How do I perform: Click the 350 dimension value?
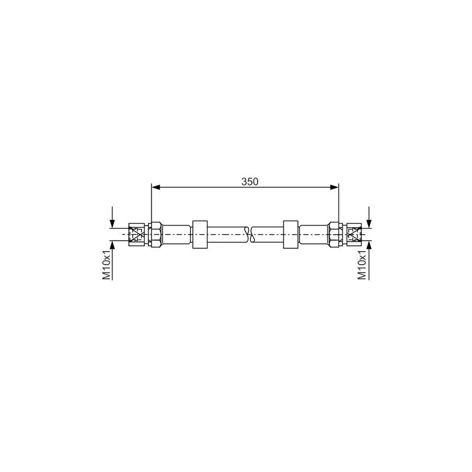pyautogui.click(x=250, y=181)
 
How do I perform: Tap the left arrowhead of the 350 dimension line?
pyautogui.click(x=155, y=186)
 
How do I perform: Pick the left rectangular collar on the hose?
pyautogui.click(x=200, y=234)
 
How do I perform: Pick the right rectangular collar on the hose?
pyautogui.click(x=290, y=234)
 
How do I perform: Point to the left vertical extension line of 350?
pyautogui.click(x=151, y=205)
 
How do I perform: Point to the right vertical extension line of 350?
pyautogui.click(x=339, y=205)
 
